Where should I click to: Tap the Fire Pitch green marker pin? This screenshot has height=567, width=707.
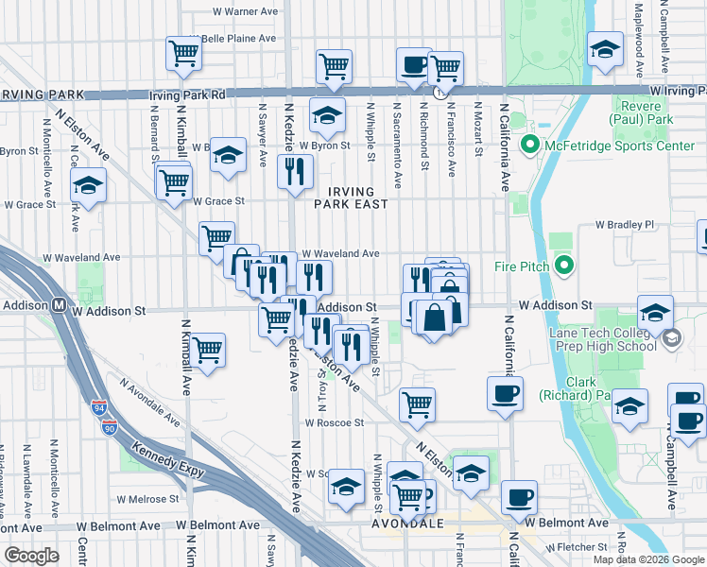[x=565, y=266]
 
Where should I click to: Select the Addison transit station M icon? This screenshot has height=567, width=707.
[x=59, y=305]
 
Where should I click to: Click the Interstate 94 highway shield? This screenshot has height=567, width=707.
[x=99, y=406]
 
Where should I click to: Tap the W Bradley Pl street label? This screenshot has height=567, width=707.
[x=624, y=226]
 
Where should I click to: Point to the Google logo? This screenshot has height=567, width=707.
[x=32, y=555]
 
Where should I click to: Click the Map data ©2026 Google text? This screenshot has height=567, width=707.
[x=648, y=559]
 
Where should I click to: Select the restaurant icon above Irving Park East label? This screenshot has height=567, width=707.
[x=295, y=172]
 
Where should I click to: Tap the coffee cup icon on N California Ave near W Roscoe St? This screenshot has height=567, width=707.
[x=505, y=393]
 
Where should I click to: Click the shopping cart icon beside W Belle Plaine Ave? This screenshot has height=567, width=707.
[x=183, y=54]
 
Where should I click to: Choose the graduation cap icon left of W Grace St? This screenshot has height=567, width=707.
[x=88, y=186]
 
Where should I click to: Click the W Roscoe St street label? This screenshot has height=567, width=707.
[x=334, y=422]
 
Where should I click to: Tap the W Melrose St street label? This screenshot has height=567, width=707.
[x=147, y=498]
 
